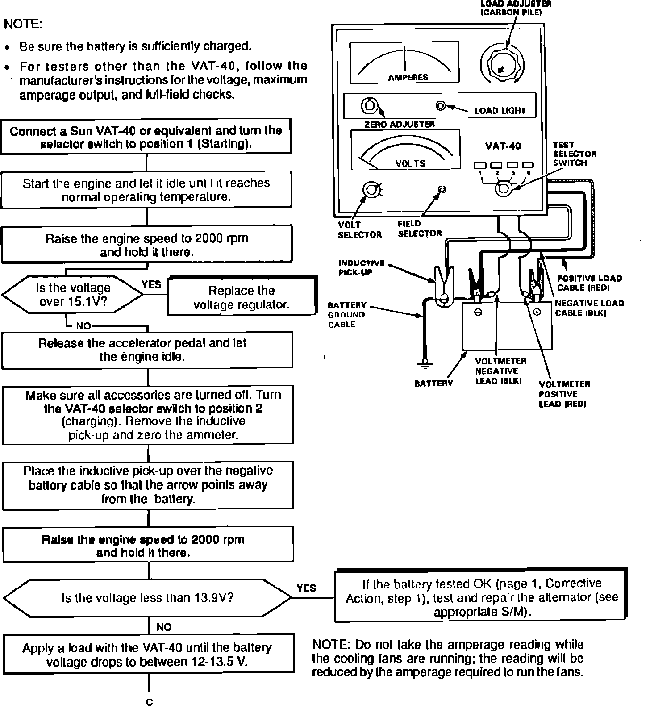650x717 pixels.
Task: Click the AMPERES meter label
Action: (408, 77)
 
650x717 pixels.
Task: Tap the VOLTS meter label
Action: (410, 163)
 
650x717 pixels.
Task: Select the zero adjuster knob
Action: (369, 106)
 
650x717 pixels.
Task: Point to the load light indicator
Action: (441, 106)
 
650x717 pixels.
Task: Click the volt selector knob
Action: (371, 190)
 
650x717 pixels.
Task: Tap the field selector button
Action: (442, 190)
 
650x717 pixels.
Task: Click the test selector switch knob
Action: (503, 189)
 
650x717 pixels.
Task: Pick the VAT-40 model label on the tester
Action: (503, 146)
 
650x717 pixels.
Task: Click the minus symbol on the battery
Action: (478, 313)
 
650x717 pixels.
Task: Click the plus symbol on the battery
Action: (537, 313)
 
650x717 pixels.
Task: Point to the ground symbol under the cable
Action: (425, 364)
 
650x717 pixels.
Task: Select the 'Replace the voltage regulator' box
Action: (242, 297)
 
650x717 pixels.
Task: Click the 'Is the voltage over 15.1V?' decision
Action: (73, 295)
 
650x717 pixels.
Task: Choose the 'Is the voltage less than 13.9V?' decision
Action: (147, 598)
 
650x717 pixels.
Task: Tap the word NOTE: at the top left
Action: (23, 25)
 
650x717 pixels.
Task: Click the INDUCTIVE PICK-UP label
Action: (361, 268)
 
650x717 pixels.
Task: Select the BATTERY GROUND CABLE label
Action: (347, 315)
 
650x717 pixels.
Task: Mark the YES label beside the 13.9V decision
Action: (306, 588)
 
